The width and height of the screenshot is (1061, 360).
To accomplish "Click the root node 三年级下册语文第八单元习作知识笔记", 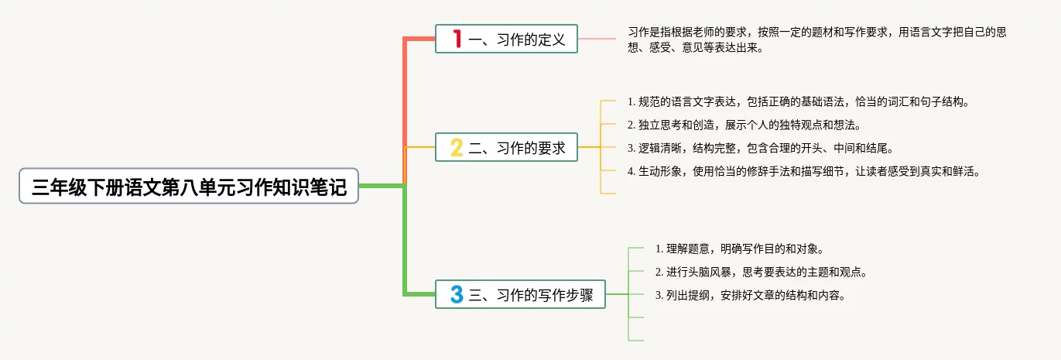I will pyautogui.click(x=189, y=187).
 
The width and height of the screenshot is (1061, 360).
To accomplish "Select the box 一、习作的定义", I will pyautogui.click(x=506, y=39).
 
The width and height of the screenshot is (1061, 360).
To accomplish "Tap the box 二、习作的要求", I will pyautogui.click(x=506, y=147).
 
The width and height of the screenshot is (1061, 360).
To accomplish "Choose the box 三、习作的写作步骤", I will pyautogui.click(x=520, y=294).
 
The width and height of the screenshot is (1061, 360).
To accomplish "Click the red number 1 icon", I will pyautogui.click(x=457, y=39).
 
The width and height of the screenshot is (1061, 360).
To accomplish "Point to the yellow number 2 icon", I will pyautogui.click(x=457, y=147).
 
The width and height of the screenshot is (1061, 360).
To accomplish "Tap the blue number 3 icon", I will pyautogui.click(x=457, y=294).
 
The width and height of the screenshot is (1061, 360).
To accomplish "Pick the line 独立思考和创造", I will pyautogui.click(x=743, y=125).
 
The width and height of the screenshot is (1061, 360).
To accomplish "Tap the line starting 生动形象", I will pyautogui.click(x=804, y=172).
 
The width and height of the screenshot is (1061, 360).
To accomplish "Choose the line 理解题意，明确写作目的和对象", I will pyautogui.click(x=739, y=249).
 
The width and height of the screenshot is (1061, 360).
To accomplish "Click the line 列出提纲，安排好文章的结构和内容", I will pyautogui.click(x=750, y=295).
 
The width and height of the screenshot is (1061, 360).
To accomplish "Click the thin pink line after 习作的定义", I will pyautogui.click(x=597, y=39).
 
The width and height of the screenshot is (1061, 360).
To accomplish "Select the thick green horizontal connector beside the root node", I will pyautogui.click(x=382, y=186).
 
